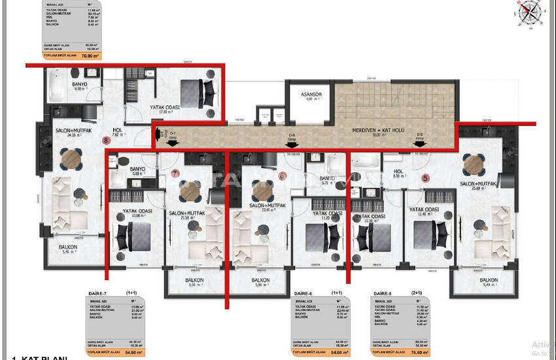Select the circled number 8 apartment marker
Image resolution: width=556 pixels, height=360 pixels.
[105, 139]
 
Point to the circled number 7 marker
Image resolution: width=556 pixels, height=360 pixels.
[174, 173]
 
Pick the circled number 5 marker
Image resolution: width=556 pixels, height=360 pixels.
[425, 177]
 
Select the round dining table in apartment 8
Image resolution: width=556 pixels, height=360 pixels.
[70, 158]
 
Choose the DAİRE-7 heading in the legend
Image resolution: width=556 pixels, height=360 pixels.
[99, 294]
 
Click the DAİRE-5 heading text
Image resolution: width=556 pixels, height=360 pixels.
[383, 294]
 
